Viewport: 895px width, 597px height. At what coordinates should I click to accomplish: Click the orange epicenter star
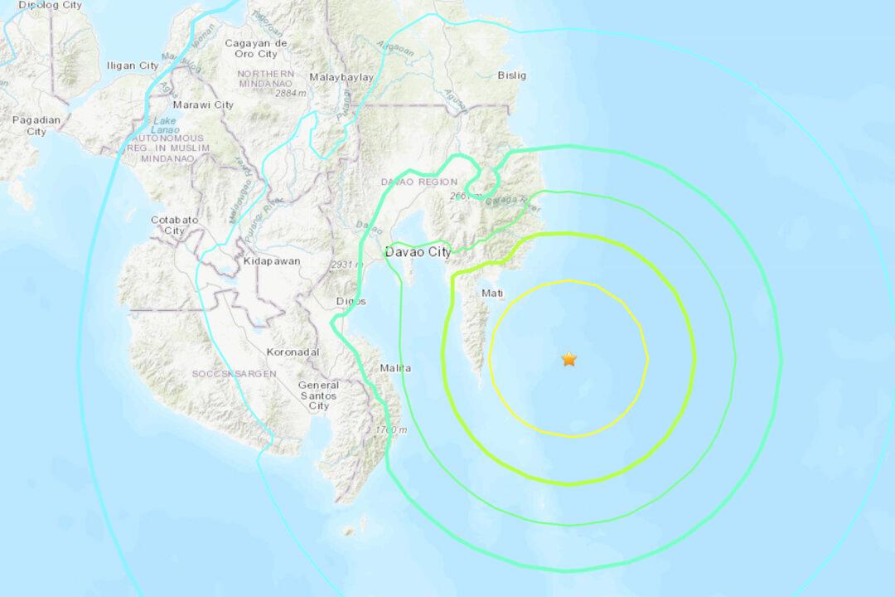569,359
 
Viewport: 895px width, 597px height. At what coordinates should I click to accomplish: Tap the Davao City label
418,251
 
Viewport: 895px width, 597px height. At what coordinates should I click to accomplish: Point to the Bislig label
511,75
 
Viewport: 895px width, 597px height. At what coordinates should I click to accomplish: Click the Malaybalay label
341,77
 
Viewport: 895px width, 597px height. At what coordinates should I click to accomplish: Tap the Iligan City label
133,66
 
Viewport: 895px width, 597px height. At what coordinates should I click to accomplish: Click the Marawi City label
203,105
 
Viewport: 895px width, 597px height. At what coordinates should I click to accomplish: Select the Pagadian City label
36,125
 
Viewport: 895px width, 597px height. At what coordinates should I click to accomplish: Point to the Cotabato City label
174,225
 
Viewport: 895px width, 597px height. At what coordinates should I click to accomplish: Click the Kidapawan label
272,260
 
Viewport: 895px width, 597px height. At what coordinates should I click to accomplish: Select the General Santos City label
319,396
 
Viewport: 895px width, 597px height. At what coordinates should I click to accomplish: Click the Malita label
395,367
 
